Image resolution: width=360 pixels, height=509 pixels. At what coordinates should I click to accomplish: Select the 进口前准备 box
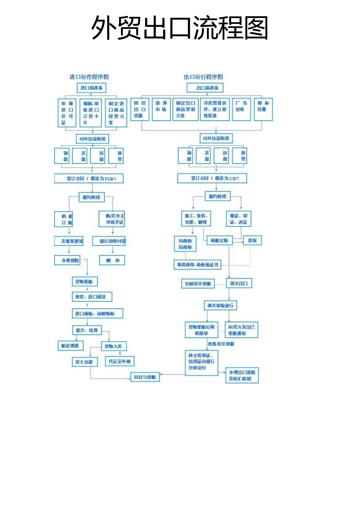pos(91,88)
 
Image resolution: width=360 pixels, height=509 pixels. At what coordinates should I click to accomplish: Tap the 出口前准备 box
pos(207,88)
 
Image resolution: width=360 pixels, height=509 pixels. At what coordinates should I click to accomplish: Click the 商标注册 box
pos(263,110)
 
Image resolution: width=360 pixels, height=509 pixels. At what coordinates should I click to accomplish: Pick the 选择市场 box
pos(161,110)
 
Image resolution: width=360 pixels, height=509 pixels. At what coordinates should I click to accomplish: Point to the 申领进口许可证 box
pos(67,112)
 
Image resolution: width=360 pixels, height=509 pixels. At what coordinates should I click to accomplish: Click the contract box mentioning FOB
pos(89,178)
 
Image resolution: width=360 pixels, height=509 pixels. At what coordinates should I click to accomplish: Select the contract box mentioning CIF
pos(213,178)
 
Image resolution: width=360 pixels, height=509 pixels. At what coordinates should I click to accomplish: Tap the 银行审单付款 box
pos(113,241)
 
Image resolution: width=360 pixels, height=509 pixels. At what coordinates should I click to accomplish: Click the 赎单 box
pos(113,261)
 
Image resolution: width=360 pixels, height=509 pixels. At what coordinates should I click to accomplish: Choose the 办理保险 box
pos(70,261)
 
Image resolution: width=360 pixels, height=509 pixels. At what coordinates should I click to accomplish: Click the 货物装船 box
pos(85,281)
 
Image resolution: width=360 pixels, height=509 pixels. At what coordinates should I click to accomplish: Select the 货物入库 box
pos(113,346)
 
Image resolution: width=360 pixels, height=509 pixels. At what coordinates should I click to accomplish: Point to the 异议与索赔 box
pos(145,377)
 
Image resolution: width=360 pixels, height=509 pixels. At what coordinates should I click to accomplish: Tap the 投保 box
pos(252,240)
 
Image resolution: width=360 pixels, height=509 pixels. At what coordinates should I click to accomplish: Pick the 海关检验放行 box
pos(221,305)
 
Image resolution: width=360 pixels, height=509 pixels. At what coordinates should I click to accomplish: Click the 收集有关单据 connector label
pos(221,344)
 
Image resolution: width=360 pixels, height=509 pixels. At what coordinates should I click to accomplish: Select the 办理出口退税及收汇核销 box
pos(242,375)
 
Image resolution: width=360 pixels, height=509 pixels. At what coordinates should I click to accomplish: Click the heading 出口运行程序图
pos(203,77)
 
